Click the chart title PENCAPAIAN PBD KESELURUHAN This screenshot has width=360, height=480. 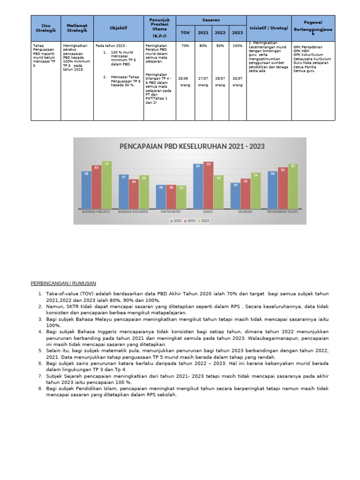[x=192, y=146]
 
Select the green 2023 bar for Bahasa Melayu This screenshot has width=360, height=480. [x=107, y=185]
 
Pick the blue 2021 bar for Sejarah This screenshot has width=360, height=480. [x=235, y=195]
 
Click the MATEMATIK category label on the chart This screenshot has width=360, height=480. [x=171, y=211]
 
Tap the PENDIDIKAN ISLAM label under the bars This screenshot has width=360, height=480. [x=282, y=211]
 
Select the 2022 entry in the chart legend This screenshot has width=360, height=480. [x=190, y=220]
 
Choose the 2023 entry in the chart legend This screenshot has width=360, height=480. [x=204, y=220]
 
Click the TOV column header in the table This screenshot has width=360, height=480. [x=185, y=33]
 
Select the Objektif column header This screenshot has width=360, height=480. [x=118, y=28]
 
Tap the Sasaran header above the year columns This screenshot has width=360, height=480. [x=211, y=20]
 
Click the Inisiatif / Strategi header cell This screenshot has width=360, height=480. [x=269, y=28]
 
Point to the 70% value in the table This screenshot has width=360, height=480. [x=185, y=46]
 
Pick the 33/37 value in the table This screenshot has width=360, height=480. [x=237, y=78]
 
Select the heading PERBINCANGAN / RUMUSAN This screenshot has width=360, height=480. [x=63, y=283]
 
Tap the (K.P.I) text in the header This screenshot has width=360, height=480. [x=159, y=36]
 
